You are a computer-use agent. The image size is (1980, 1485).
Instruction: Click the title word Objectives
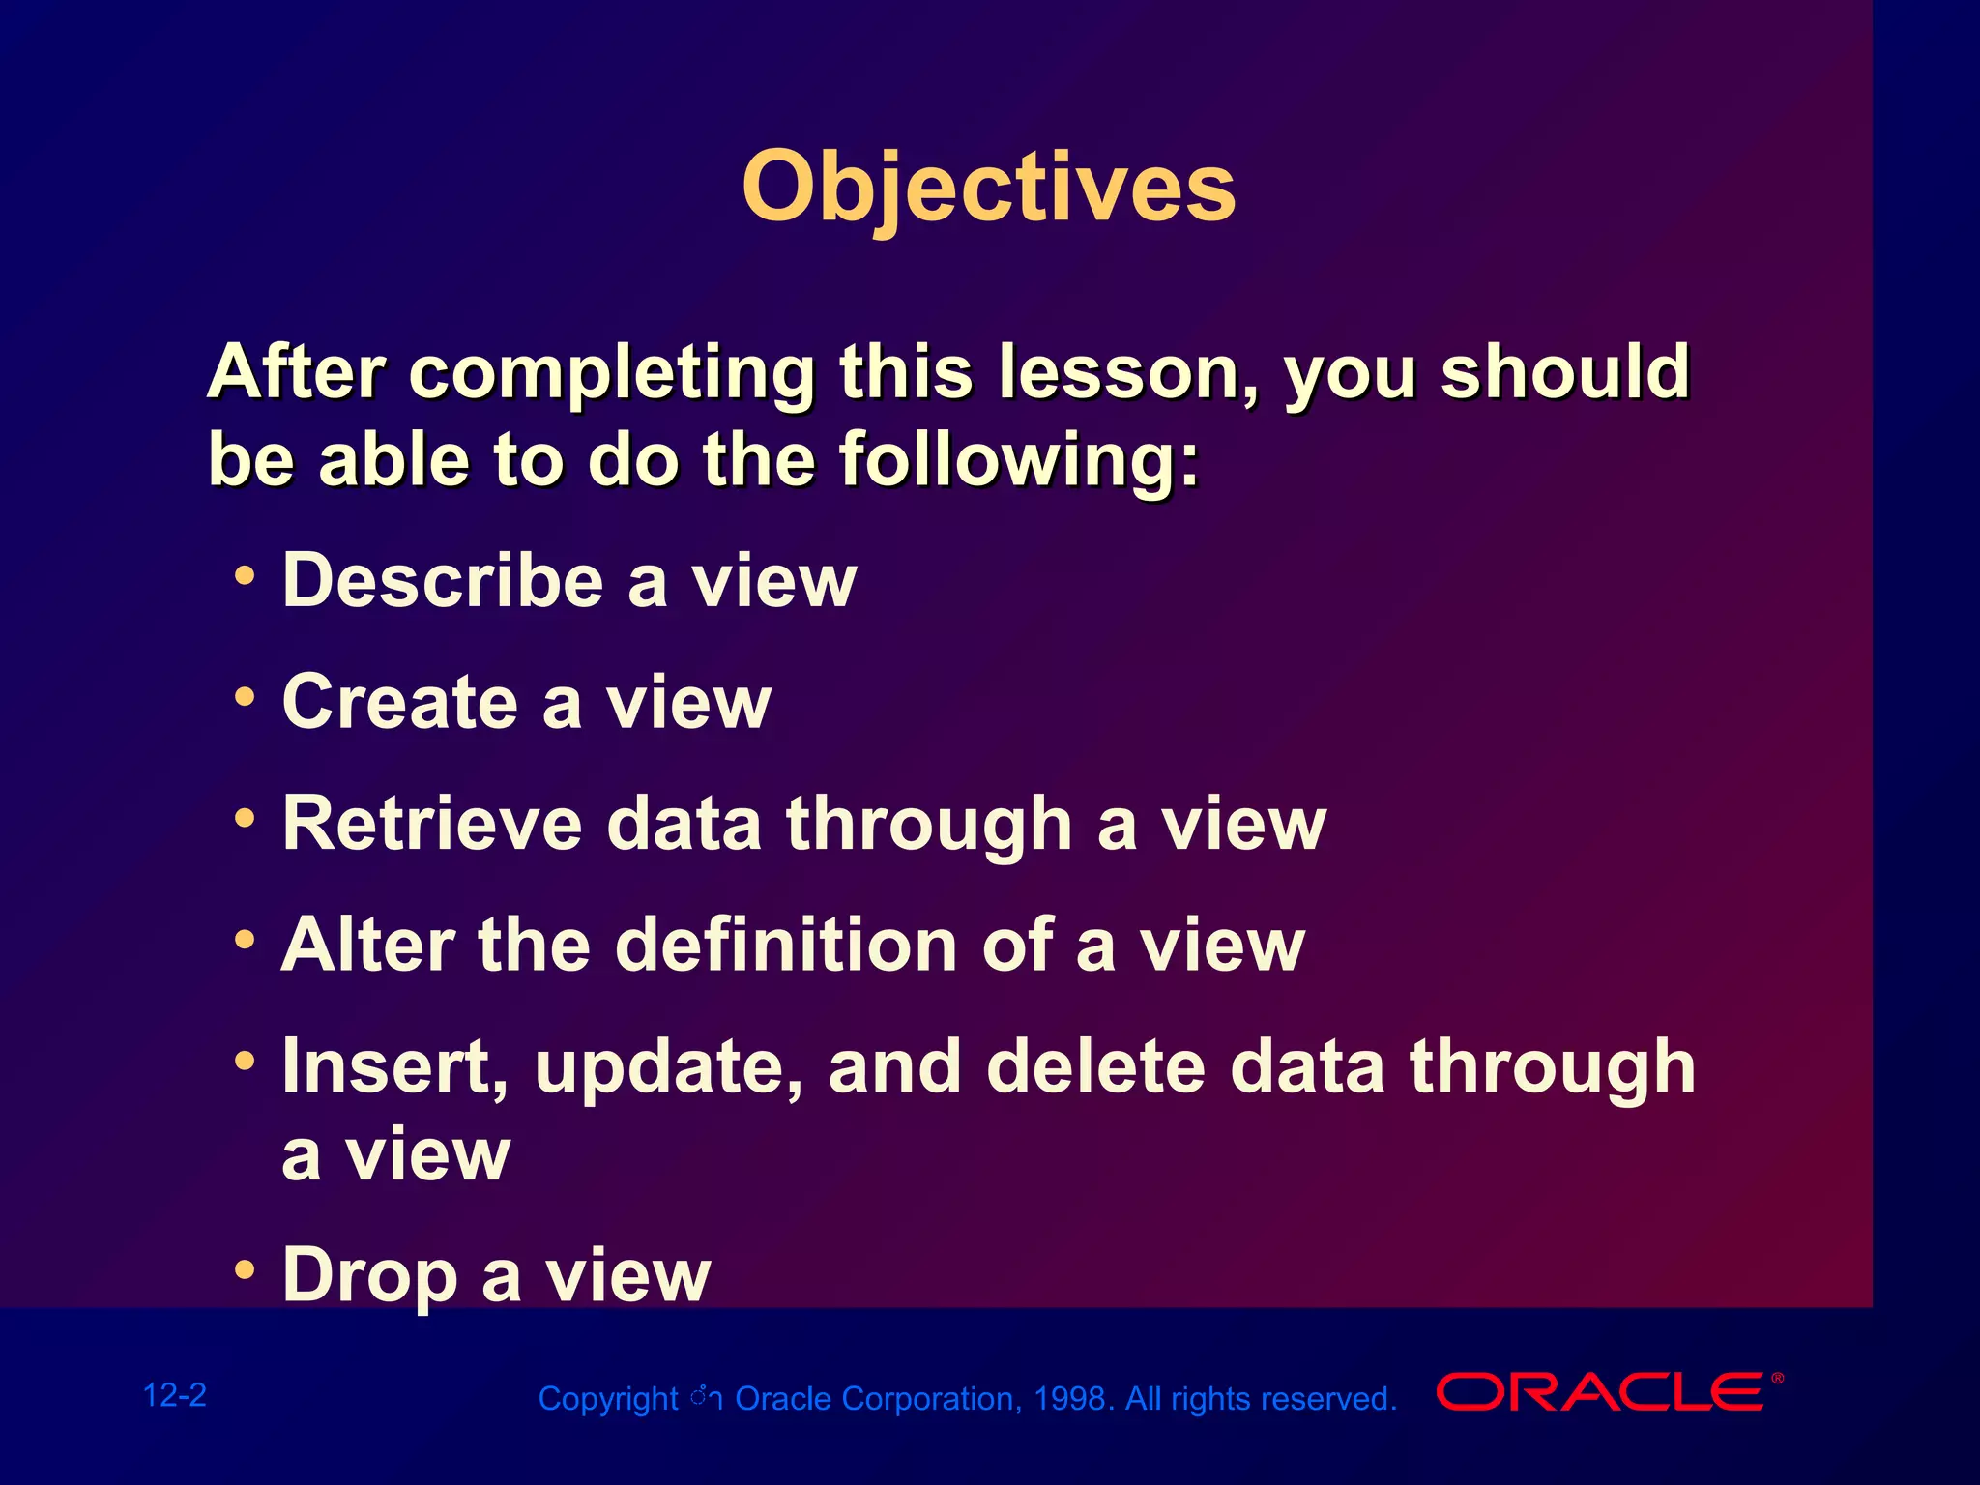(x=988, y=189)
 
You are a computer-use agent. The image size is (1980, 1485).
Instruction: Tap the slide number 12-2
(x=174, y=1395)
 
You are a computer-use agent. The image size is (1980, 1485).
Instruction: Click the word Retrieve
(x=432, y=823)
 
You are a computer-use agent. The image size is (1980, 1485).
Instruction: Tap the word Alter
(x=367, y=944)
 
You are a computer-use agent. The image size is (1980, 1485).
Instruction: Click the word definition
(x=787, y=944)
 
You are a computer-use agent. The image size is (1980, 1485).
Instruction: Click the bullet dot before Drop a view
(x=246, y=1267)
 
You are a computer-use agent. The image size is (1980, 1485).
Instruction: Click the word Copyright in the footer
(x=608, y=1400)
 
